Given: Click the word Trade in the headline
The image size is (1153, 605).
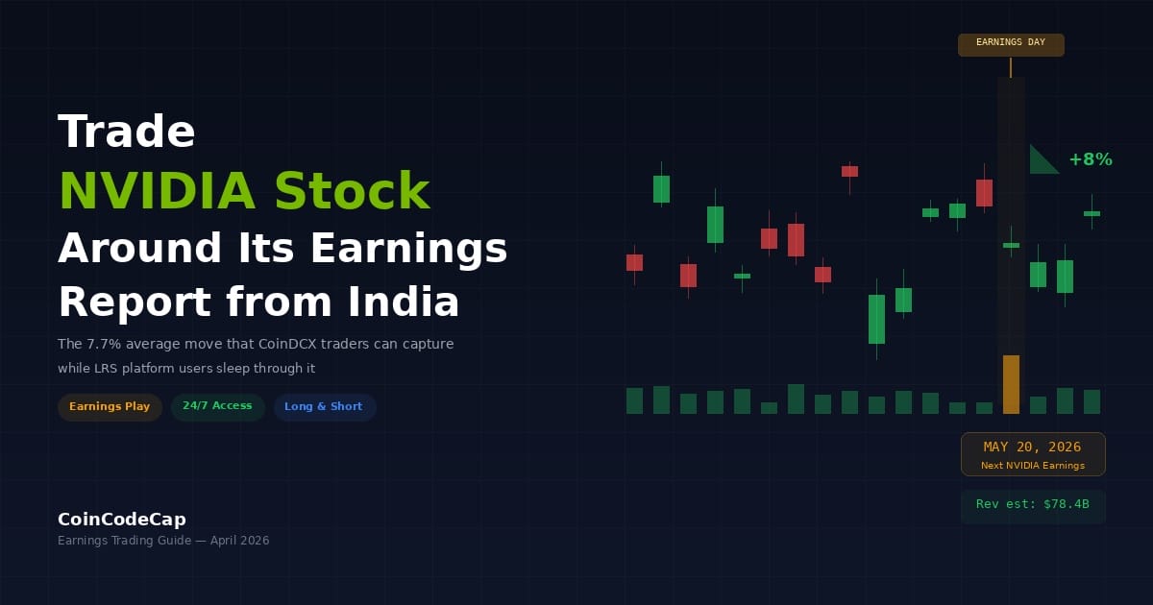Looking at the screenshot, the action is [x=127, y=132].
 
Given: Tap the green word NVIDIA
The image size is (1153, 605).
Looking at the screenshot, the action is [x=157, y=191].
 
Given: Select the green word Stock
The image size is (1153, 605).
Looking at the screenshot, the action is [x=352, y=190].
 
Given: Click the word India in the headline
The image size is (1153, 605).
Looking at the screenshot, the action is [x=403, y=302].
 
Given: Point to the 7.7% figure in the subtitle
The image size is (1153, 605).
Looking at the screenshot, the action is [x=104, y=344].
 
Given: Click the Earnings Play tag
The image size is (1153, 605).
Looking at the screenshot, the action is [x=110, y=406].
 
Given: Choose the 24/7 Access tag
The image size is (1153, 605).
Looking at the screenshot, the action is [x=217, y=406].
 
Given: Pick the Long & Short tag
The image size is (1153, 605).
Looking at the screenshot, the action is [x=324, y=406].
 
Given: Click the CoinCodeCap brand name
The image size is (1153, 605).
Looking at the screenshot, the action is [x=122, y=520].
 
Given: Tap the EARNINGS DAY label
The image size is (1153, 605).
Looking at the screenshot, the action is [x=1011, y=42].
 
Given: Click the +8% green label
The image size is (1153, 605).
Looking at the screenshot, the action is [x=1091, y=159].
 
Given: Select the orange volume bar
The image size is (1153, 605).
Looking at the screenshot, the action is [x=1011, y=384].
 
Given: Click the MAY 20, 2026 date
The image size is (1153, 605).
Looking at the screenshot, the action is [x=1032, y=447].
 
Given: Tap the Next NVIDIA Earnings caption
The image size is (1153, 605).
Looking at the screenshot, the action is [x=1033, y=465].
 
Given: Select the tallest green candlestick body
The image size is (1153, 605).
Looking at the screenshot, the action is [x=876, y=319].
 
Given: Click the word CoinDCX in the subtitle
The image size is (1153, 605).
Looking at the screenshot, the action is [x=287, y=344].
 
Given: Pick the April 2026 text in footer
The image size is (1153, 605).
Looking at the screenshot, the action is [x=239, y=540].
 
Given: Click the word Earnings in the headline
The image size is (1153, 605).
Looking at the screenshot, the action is [x=408, y=248].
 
